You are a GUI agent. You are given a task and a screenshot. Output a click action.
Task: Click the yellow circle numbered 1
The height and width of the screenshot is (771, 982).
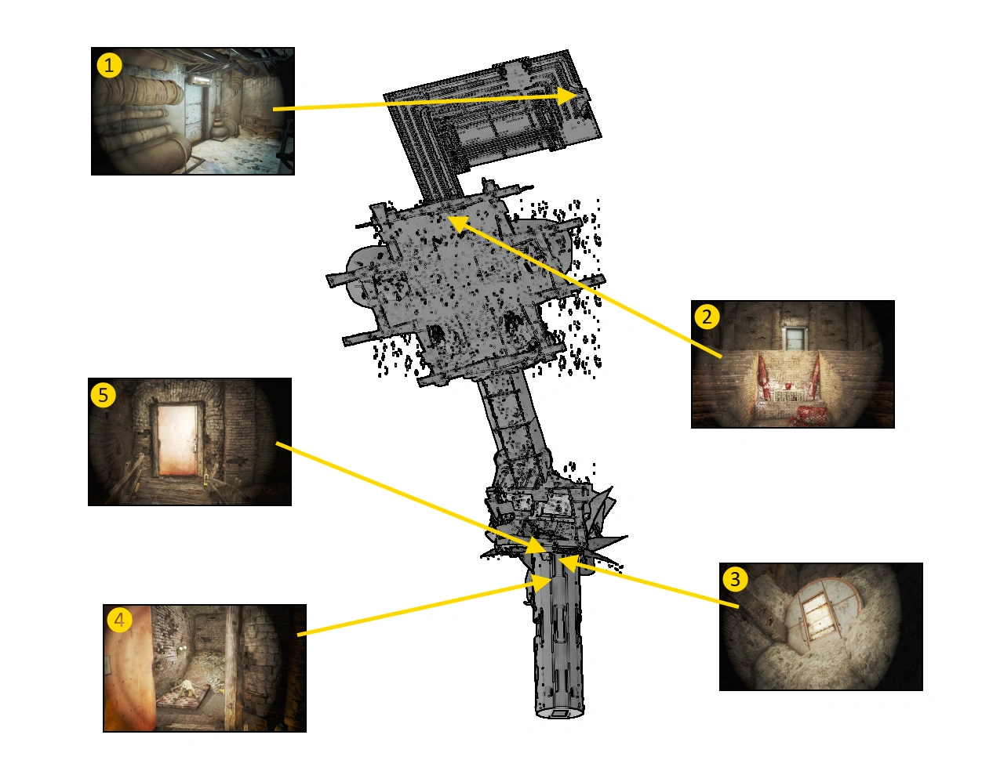click(x=109, y=66)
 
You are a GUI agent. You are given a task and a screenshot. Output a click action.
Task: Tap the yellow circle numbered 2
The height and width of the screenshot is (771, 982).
click(x=707, y=317)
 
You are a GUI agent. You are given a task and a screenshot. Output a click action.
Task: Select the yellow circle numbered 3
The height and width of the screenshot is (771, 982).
click(x=735, y=579)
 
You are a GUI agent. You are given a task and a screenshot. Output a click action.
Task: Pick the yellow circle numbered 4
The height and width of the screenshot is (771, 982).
click(x=119, y=620)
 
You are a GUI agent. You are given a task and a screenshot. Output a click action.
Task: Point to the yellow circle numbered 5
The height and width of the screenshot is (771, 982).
click(x=103, y=395)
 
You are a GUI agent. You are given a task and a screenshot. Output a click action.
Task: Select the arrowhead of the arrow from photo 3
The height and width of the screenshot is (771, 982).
click(x=569, y=563)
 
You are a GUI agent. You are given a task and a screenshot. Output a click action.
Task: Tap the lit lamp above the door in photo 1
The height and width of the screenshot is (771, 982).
click(x=200, y=81)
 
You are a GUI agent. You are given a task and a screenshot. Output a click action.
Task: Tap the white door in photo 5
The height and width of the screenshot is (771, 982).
click(x=177, y=440)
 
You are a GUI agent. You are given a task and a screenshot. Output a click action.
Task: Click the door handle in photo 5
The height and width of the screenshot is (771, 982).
click(x=194, y=447)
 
